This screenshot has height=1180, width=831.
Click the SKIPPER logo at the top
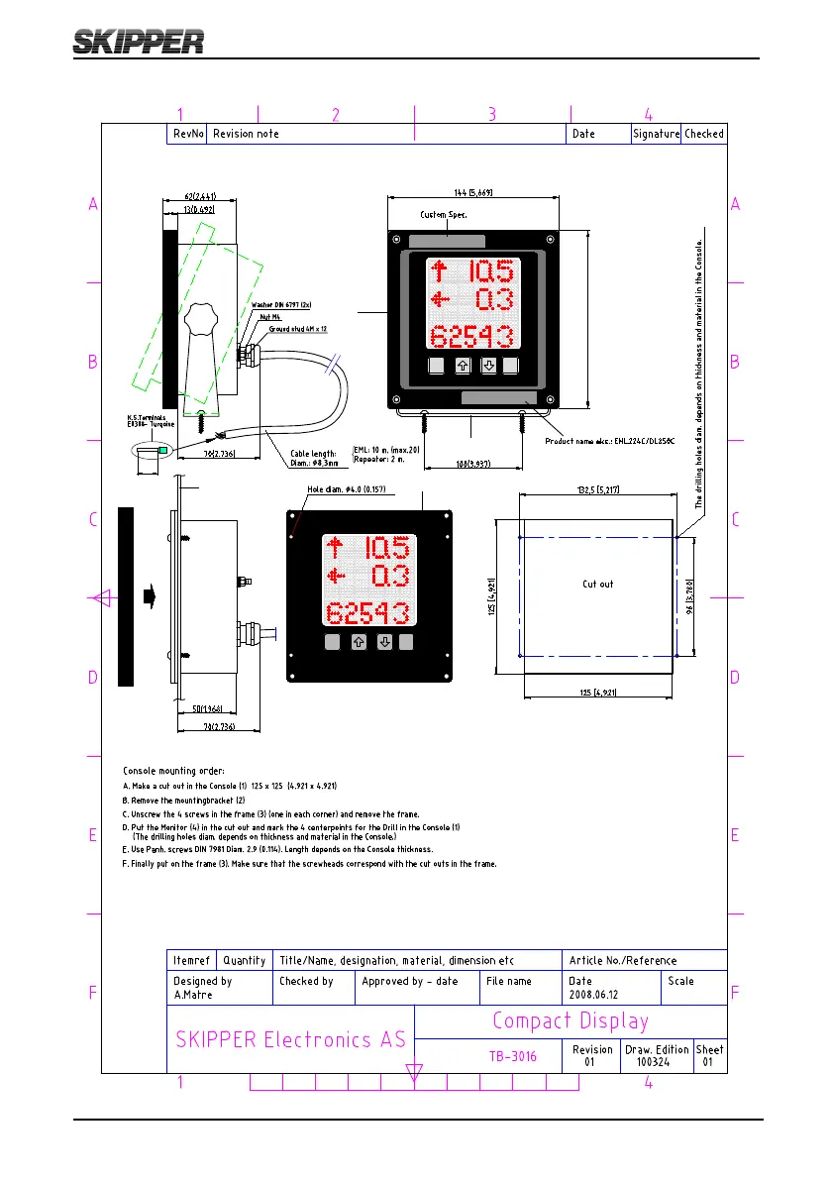(x=139, y=41)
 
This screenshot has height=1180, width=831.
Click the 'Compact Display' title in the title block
(x=571, y=1020)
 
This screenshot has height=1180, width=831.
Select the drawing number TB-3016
(x=513, y=1056)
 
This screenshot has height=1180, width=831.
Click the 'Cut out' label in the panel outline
(x=597, y=584)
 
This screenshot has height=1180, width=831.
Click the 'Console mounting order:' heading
(x=173, y=770)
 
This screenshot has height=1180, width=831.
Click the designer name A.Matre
(x=194, y=994)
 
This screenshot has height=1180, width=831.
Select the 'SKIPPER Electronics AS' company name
(x=290, y=1039)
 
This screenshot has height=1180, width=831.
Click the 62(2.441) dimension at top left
(x=186, y=196)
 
